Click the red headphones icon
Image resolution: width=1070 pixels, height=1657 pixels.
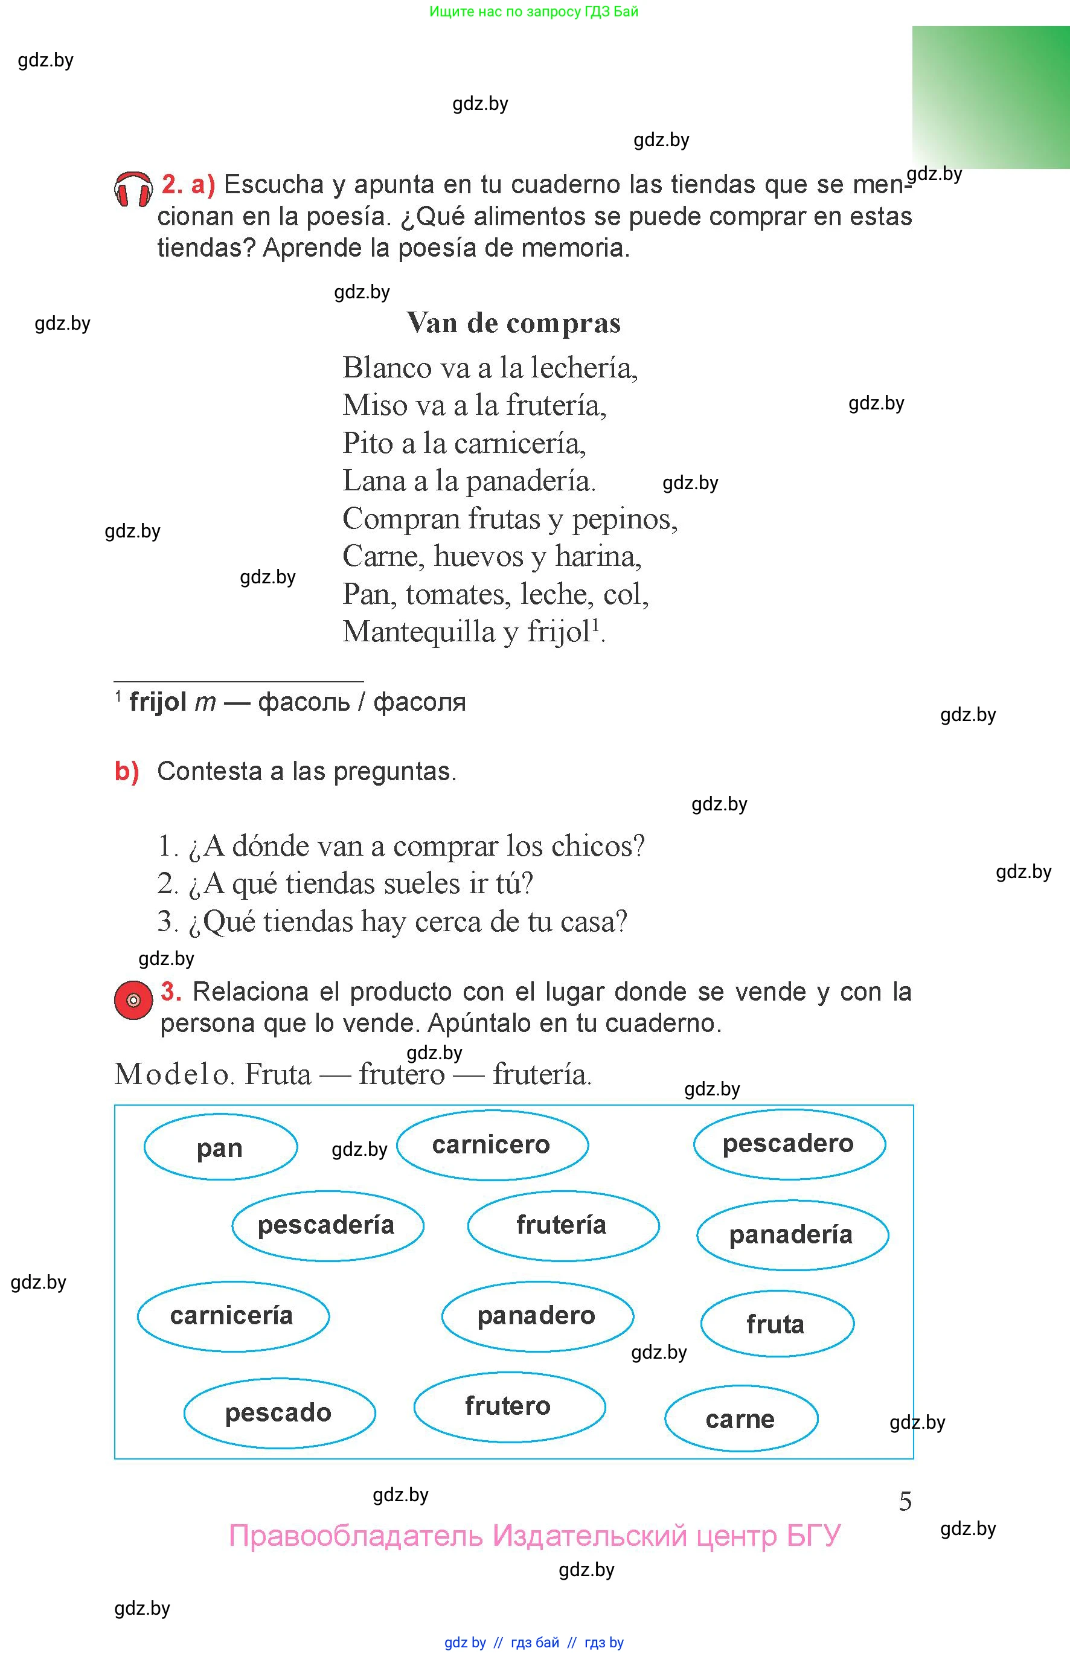(x=133, y=189)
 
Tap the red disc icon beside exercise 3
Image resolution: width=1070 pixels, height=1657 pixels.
(x=133, y=1000)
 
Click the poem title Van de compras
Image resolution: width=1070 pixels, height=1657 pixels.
(x=513, y=323)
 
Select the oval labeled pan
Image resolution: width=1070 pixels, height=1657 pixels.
(x=220, y=1148)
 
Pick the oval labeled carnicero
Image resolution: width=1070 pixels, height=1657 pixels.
(x=492, y=1144)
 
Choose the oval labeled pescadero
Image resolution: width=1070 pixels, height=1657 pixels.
(x=789, y=1144)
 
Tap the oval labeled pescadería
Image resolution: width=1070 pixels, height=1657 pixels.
(x=327, y=1225)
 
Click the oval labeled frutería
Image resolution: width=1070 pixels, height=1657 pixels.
(x=562, y=1224)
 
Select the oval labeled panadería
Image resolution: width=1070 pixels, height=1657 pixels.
(x=792, y=1234)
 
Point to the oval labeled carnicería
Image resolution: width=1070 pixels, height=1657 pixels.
(x=232, y=1315)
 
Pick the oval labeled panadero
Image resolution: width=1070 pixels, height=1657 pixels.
(x=537, y=1315)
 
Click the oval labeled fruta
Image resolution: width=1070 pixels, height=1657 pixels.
(x=776, y=1324)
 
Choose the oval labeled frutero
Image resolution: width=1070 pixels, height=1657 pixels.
(x=508, y=1406)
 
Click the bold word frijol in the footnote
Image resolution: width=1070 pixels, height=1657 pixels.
(x=158, y=702)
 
